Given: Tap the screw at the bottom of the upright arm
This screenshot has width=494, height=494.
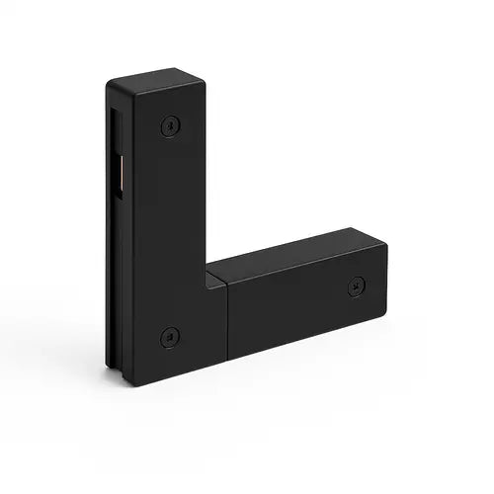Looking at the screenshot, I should pos(170,336).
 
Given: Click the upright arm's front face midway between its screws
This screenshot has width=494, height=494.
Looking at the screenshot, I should pos(170,232).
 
